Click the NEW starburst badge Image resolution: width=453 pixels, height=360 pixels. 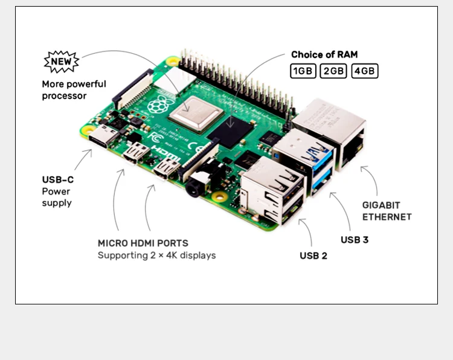62,62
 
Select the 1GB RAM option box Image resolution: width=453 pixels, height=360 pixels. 303,71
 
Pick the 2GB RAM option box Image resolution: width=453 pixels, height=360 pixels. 333,71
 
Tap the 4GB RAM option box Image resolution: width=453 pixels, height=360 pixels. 365,71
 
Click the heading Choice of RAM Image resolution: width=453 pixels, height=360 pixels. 324,54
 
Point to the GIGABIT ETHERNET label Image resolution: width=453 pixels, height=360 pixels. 387,211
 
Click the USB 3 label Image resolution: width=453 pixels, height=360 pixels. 355,240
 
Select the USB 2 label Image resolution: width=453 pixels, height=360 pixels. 313,256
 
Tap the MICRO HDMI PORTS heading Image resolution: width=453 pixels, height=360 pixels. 147,243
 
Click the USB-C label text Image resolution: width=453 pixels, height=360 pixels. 58,179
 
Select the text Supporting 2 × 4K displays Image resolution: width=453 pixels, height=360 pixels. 157,256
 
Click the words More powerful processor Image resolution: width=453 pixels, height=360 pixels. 74,90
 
